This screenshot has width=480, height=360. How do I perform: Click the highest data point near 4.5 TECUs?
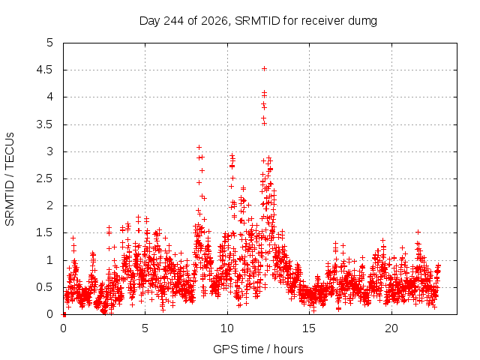point(264,68)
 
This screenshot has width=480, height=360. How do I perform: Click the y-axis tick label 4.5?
point(45,70)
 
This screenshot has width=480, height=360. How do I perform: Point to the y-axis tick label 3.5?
point(45,124)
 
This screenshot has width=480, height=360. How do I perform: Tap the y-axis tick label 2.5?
point(45,178)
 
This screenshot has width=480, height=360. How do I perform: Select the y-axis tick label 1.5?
point(45,233)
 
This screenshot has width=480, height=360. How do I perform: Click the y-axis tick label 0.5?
point(45,287)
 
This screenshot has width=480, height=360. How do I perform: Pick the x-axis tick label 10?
point(227,328)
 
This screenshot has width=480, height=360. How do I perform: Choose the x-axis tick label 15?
point(309,328)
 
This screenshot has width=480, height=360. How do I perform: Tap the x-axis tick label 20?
point(391,328)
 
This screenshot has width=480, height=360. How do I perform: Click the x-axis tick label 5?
point(145,328)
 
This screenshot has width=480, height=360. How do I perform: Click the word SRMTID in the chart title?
point(257,21)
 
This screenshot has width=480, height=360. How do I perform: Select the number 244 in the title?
point(174,21)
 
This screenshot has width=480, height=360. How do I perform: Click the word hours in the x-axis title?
point(289,349)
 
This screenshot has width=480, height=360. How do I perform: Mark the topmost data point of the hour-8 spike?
point(199,148)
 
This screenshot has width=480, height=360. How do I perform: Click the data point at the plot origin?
point(64,314)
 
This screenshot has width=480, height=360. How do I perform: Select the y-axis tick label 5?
point(50,43)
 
